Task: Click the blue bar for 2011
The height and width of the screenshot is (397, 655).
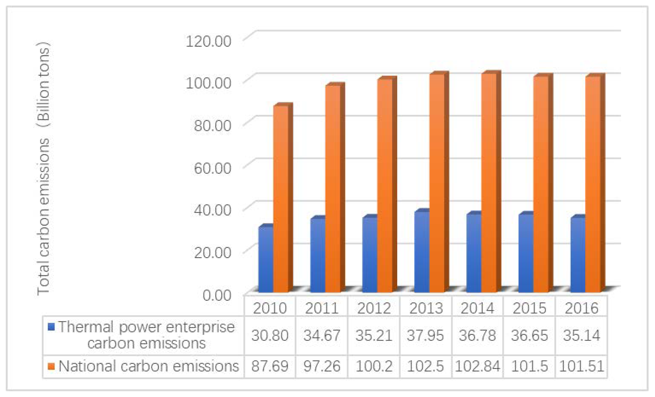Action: [318, 255]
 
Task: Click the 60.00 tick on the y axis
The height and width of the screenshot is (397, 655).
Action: [213, 168]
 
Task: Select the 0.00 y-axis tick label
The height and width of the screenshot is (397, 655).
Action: [217, 295]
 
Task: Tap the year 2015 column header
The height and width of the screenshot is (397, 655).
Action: [529, 308]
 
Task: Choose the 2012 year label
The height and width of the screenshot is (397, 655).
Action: [374, 308]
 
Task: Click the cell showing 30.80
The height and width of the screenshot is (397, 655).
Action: [270, 335]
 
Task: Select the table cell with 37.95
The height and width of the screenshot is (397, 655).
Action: [425, 335]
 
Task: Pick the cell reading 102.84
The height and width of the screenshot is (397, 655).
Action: [477, 366]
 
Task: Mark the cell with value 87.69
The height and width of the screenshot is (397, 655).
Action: [270, 366]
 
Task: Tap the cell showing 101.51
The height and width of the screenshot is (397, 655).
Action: [581, 366]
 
